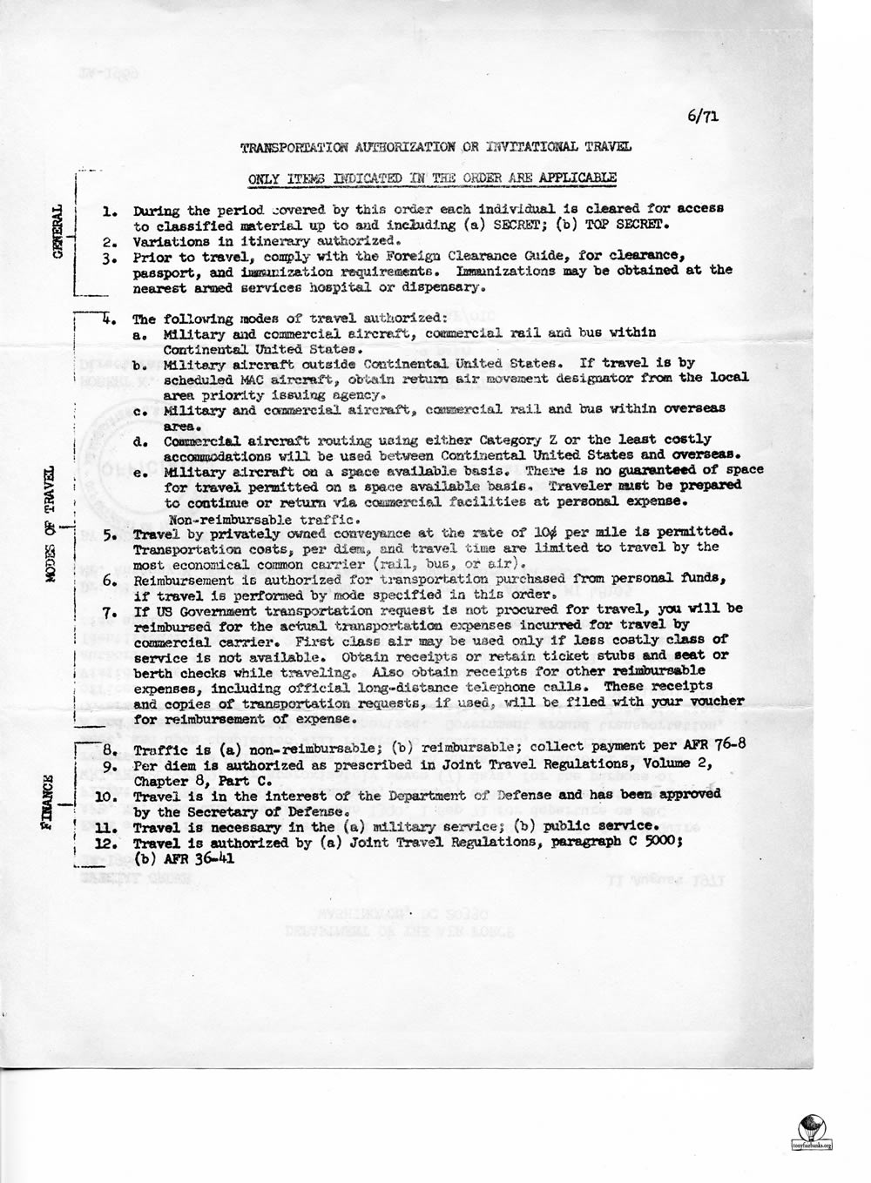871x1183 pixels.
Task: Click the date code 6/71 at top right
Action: tap(702, 114)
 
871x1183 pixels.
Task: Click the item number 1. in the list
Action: tap(110, 212)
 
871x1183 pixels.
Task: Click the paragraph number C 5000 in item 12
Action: tap(622, 844)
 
